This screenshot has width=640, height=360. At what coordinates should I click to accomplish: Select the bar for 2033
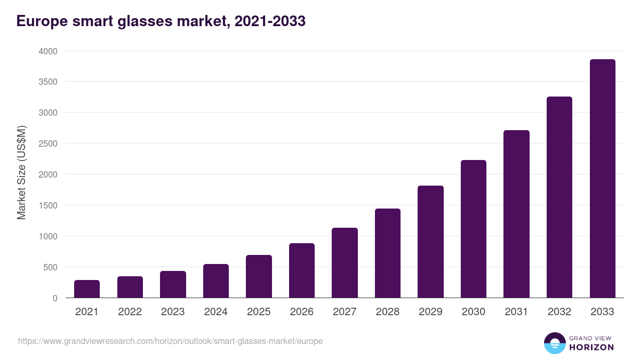(602, 179)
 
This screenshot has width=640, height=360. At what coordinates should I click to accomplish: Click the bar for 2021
(87, 289)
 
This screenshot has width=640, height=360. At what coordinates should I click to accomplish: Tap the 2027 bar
(345, 263)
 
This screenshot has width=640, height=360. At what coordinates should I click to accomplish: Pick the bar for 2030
(474, 229)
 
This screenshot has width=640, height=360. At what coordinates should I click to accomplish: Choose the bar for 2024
(216, 281)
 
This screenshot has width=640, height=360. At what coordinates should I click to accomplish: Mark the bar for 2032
(559, 197)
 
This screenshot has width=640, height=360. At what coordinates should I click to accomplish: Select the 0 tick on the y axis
(55, 298)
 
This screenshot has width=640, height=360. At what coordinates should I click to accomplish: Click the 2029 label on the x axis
(430, 312)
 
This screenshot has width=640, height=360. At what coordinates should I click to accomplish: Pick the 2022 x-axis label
(130, 312)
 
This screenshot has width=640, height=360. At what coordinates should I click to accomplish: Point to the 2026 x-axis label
(302, 312)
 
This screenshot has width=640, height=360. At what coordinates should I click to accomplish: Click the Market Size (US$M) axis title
(21, 172)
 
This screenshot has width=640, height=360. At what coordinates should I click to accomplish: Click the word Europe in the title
(41, 21)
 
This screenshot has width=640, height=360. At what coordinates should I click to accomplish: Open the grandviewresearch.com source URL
(170, 341)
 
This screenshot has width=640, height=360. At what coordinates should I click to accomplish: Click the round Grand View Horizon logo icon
(554, 343)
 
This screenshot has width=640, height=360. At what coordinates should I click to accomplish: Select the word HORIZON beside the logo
(591, 347)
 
